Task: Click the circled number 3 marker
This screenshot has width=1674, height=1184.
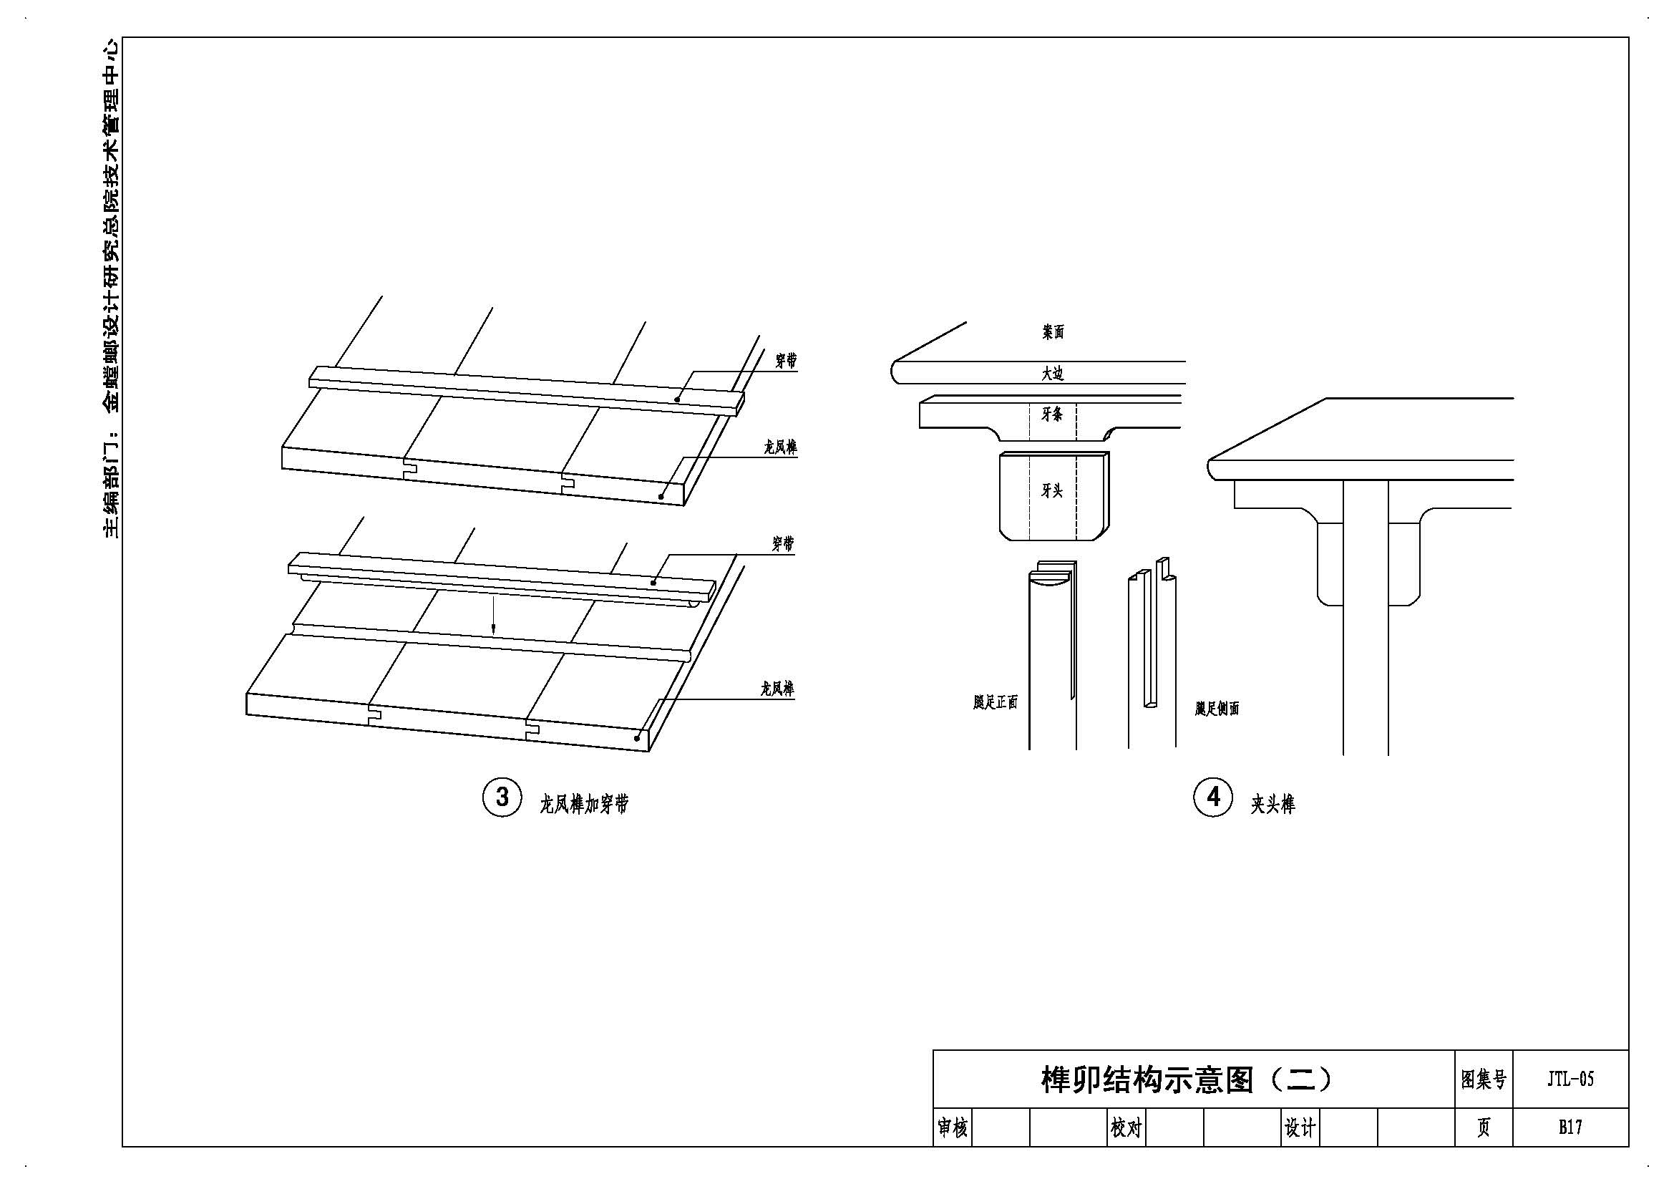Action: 502,796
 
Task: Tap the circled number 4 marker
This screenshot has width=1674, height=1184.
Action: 1213,796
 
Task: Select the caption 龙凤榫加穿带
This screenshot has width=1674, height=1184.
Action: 584,804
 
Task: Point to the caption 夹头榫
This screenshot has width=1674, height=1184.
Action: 1274,805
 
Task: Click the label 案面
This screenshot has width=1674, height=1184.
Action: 1053,332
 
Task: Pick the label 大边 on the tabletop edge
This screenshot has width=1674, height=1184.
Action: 1053,374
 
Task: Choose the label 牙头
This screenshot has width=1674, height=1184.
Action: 1052,490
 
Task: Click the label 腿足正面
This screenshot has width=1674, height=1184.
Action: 996,702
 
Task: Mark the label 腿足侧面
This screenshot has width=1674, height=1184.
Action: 1217,708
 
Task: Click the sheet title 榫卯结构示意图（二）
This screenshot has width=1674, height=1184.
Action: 1187,1079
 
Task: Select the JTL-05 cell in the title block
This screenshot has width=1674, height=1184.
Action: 1570,1079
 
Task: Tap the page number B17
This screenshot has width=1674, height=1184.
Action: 1570,1127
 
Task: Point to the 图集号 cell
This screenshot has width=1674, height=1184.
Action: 1484,1079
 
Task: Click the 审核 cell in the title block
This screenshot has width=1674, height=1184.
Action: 952,1129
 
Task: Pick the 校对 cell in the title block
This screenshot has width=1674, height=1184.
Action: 1126,1129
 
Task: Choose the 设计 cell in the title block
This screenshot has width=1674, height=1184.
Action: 1300,1129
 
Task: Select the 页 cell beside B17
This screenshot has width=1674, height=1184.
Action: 1484,1128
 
